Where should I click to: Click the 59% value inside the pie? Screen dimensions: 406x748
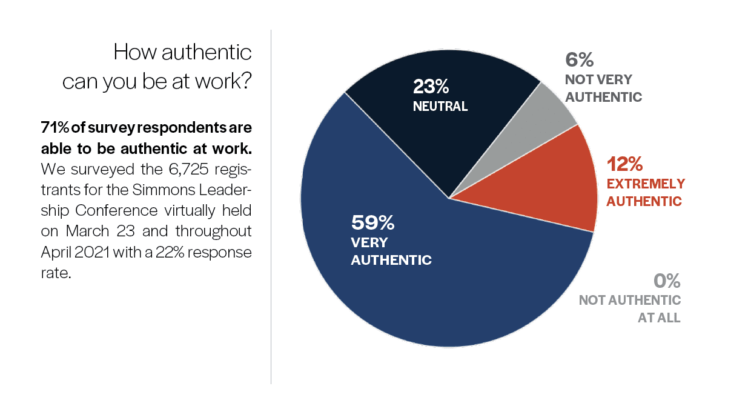pyautogui.click(x=372, y=223)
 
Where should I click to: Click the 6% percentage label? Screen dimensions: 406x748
pyautogui.click(x=579, y=59)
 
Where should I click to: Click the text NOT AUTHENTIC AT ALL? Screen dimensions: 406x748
pyautogui.click(x=630, y=308)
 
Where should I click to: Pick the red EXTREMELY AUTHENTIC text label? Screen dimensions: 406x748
pyautogui.click(x=646, y=192)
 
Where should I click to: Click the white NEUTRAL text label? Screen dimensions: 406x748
pyautogui.click(x=440, y=106)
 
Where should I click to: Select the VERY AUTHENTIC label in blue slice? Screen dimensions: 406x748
pyautogui.click(x=391, y=251)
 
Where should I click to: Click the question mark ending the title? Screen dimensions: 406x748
pyautogui.click(x=245, y=81)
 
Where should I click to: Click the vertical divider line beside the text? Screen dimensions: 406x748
pyautogui.click(x=271, y=206)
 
